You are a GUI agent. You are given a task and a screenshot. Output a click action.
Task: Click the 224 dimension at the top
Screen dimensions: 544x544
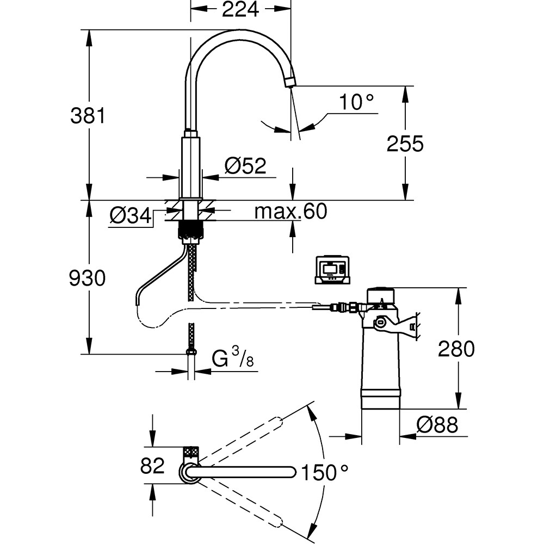(x=240, y=9)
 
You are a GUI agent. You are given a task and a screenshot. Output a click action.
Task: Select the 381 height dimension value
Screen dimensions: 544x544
(x=88, y=115)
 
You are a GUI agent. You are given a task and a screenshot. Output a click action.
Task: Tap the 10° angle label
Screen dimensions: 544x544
(x=356, y=102)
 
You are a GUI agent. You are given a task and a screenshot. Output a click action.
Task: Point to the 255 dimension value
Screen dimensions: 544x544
(x=405, y=144)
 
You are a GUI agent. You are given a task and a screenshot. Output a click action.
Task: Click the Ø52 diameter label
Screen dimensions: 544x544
(x=245, y=165)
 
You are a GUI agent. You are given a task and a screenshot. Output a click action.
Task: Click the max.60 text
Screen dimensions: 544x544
(x=291, y=212)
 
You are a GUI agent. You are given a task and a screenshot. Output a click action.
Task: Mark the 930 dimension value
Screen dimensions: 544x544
(x=88, y=279)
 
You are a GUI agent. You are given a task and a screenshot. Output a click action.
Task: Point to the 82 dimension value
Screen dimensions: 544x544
(x=153, y=466)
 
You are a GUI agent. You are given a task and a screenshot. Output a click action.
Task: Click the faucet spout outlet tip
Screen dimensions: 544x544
(x=289, y=82)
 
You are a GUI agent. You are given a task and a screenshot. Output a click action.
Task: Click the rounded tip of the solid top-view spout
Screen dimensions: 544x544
(x=294, y=472)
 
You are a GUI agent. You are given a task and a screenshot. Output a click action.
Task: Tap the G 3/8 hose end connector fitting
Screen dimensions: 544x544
(x=191, y=352)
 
